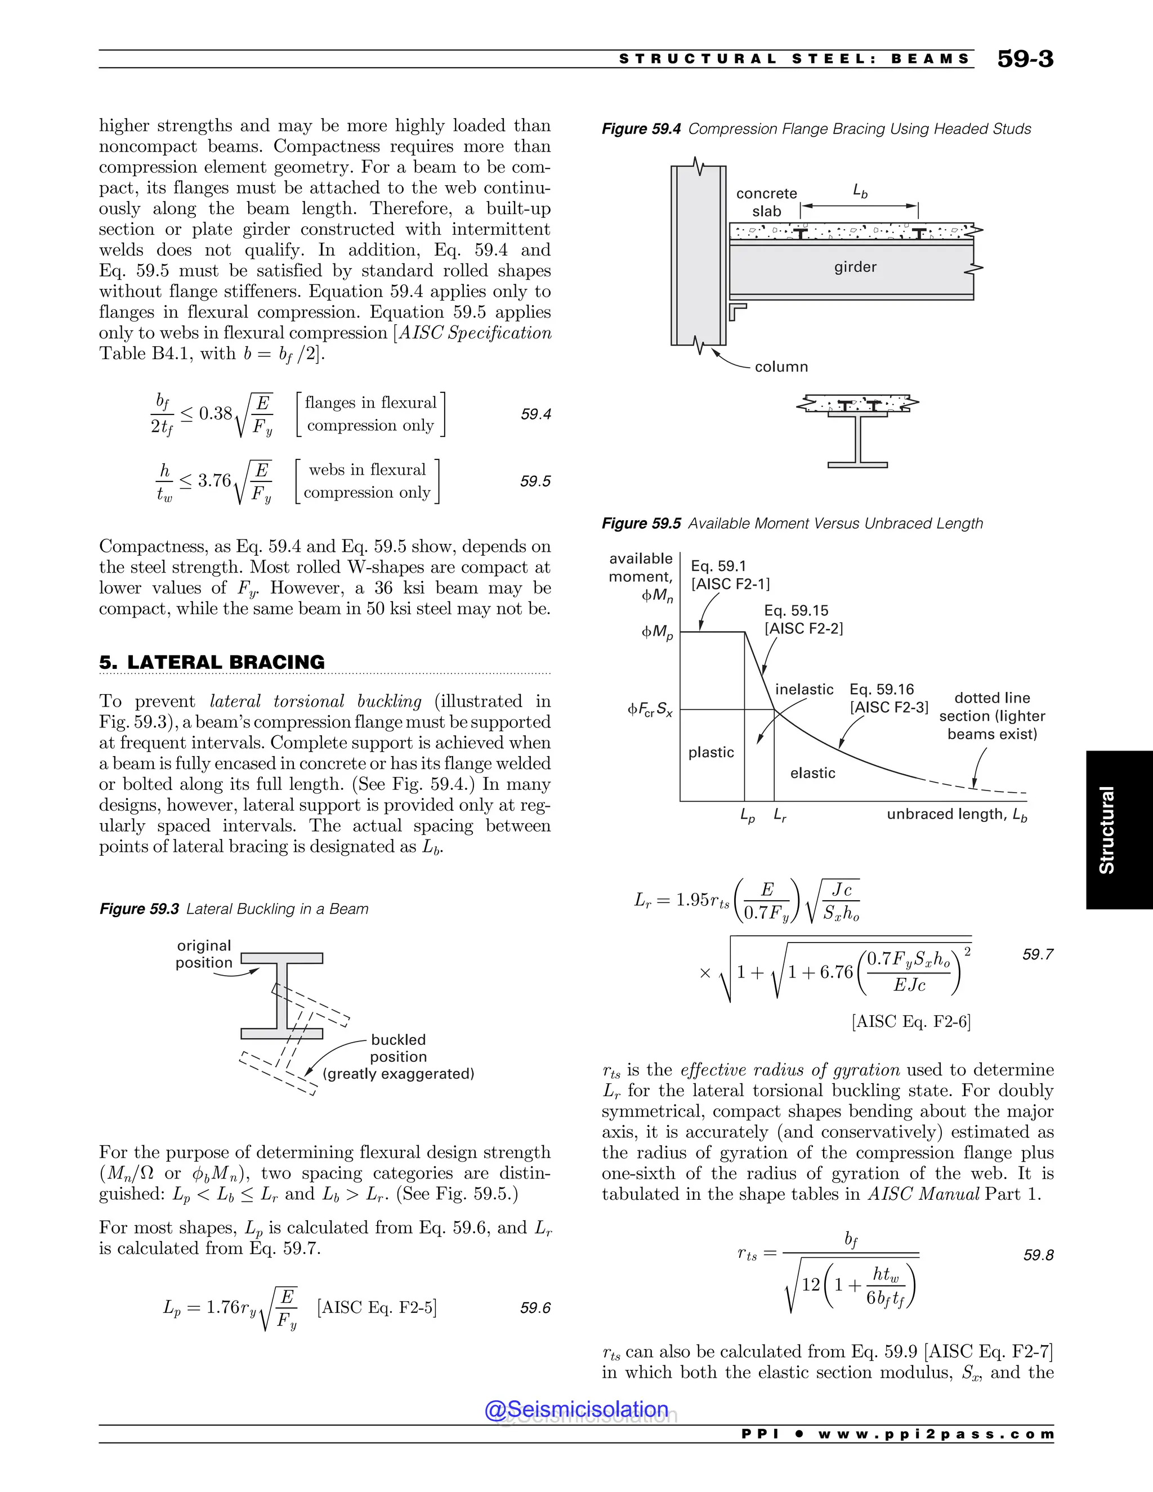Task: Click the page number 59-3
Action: [1025, 59]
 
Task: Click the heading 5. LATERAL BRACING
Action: [212, 662]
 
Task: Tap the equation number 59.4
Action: [535, 414]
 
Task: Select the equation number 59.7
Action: [1038, 954]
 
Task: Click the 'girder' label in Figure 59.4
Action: [855, 267]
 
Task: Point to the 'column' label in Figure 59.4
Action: [781, 367]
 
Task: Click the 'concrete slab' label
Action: [766, 202]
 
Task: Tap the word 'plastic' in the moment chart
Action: [711, 752]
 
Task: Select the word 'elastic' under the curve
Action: [812, 772]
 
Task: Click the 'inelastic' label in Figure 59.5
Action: [804, 689]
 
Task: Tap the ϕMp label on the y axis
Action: [656, 633]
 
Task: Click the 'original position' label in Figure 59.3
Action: [204, 954]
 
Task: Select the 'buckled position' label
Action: [398, 1048]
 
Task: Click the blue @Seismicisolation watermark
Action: [576, 1409]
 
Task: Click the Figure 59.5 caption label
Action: [641, 523]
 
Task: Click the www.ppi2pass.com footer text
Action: [935, 1434]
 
